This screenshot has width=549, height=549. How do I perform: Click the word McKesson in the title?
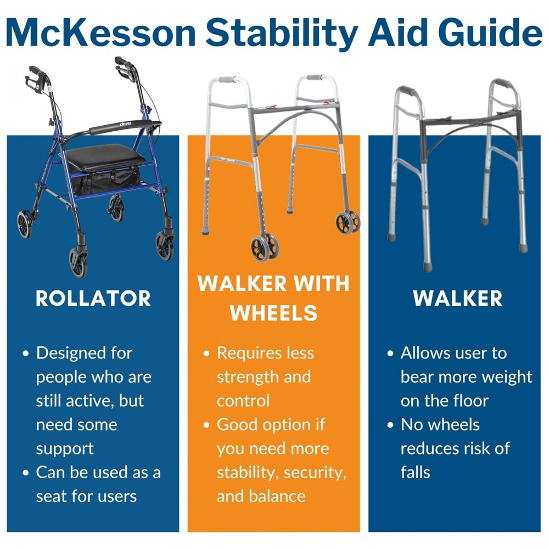click(101, 32)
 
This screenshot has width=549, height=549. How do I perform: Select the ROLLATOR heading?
click(93, 298)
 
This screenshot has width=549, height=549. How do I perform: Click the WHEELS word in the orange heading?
click(273, 313)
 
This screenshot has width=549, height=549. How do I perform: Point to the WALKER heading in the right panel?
click(458, 298)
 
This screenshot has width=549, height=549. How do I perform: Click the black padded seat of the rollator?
click(105, 157)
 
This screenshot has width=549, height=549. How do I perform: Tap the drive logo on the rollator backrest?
click(125, 124)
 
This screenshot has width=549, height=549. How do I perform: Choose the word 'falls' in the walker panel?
click(415, 472)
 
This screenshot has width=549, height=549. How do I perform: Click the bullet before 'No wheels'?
click(391, 425)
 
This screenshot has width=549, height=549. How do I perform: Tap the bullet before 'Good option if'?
click(206, 425)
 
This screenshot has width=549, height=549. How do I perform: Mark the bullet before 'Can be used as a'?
click(26, 473)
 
